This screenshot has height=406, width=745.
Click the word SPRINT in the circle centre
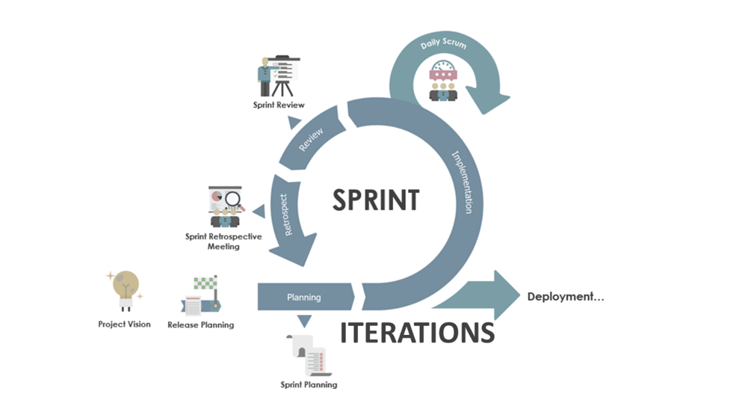(376, 200)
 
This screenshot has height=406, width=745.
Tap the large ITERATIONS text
(417, 332)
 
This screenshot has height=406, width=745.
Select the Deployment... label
(566, 296)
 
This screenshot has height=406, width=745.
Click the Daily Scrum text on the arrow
(443, 45)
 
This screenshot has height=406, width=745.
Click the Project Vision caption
(124, 325)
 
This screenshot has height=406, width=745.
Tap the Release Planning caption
(200, 325)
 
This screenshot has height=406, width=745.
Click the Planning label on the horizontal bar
(303, 297)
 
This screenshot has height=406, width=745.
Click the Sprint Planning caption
(309, 385)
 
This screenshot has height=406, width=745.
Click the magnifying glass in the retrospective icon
(235, 200)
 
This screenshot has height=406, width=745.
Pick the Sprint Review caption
(279, 105)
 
